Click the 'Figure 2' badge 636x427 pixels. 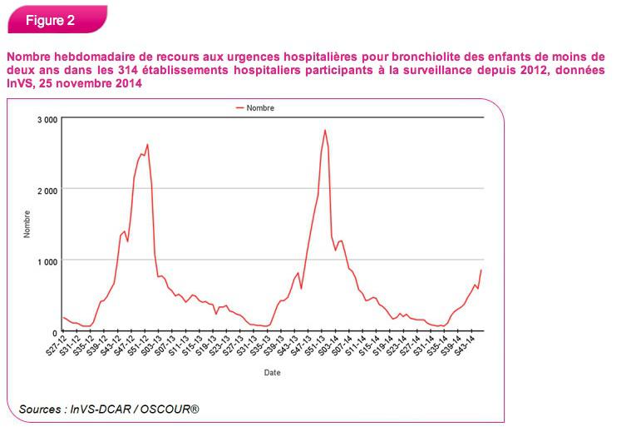tap(51, 21)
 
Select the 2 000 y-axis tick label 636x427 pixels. tap(47, 190)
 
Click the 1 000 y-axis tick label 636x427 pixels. tap(47, 261)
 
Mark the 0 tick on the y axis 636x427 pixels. tap(54, 331)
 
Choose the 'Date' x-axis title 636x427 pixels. tap(272, 373)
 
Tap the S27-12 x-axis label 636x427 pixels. tap(55, 348)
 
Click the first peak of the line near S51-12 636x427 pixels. tap(147, 145)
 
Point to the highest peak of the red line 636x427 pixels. tap(325, 130)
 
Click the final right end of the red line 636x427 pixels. tap(481, 270)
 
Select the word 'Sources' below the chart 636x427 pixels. tap(39, 409)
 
